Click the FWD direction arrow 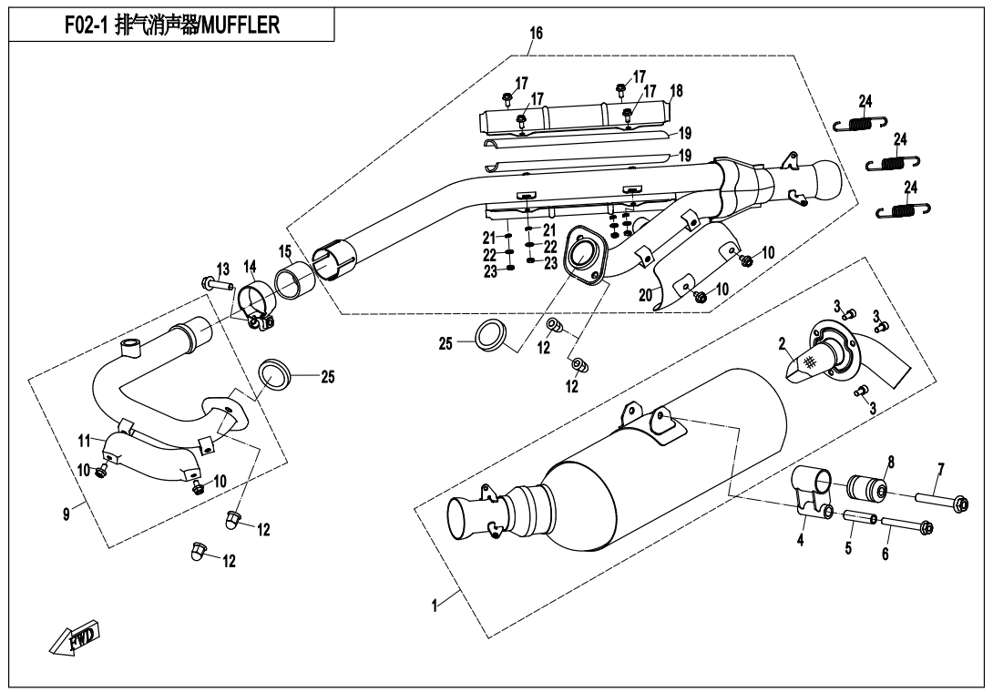pyautogui.click(x=76, y=639)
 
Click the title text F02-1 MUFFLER pyautogui.click(x=172, y=25)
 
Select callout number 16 pyautogui.click(x=536, y=34)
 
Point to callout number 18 pyautogui.click(x=676, y=91)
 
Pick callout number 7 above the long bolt pyautogui.click(x=941, y=469)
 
